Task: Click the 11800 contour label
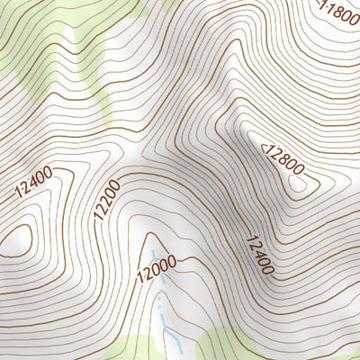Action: (x=340, y=13)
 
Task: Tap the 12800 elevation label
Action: (x=283, y=157)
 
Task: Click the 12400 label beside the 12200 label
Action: (x=33, y=183)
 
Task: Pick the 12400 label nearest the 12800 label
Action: (x=257, y=255)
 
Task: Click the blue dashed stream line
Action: (x=163, y=301)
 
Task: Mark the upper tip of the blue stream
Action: (x=153, y=251)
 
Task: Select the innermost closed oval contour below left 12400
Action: (x=20, y=238)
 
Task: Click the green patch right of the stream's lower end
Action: (x=216, y=346)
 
